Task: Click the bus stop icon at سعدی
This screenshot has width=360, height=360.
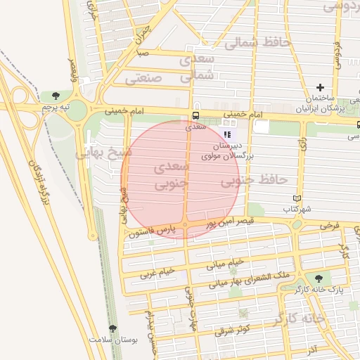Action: [195, 117]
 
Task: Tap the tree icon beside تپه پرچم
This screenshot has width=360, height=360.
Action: [54, 96]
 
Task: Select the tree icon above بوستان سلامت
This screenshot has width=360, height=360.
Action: [112, 328]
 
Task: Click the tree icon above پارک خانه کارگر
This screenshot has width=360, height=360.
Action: [320, 278]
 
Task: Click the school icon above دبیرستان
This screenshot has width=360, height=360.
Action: [226, 134]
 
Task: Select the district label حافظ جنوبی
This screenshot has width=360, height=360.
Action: [255, 181]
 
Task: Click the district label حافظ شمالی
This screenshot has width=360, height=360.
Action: [257, 43]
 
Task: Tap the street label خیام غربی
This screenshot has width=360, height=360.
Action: [157, 272]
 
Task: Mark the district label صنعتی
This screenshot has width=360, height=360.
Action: [144, 78]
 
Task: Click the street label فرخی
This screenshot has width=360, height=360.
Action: [329, 226]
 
